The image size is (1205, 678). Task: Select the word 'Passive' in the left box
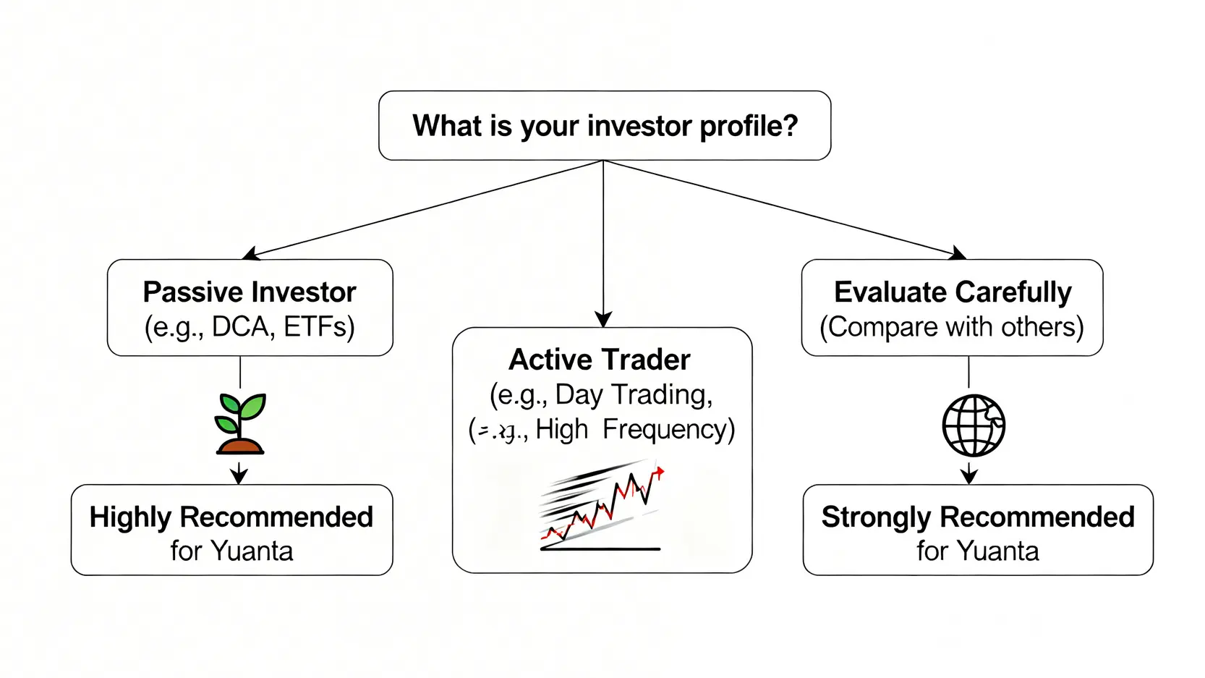pos(184,292)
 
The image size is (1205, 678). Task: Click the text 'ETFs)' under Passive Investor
pos(319,327)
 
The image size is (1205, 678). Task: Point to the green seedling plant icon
pos(241,415)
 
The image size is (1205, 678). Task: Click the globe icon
pos(974,425)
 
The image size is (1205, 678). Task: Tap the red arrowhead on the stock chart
pos(658,473)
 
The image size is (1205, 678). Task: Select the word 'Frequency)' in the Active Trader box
pos(668,429)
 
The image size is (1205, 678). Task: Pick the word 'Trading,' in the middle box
pos(662,394)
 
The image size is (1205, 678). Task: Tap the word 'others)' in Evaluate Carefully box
pos(1042,327)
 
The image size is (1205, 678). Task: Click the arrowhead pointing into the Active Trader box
pos(603,320)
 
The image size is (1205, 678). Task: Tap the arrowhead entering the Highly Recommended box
pos(239,476)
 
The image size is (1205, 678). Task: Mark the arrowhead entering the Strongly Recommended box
pos(969,476)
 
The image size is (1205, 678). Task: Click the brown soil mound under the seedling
pos(240,446)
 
